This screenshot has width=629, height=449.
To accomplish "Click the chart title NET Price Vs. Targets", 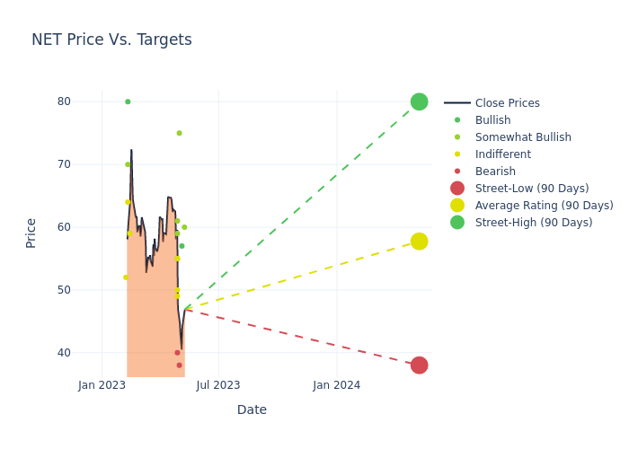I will click(x=111, y=40).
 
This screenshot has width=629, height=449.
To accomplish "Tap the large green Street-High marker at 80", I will click(x=419, y=101).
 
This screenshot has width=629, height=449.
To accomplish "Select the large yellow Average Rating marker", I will click(x=419, y=241).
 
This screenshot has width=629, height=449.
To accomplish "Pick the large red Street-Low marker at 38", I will click(x=419, y=365).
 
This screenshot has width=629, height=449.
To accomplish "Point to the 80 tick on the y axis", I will click(x=64, y=101).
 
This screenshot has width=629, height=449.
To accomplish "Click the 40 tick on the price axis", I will click(x=64, y=353).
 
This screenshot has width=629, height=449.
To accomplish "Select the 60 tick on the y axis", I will click(x=64, y=227).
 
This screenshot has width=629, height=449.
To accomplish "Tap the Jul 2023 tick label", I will click(x=218, y=385).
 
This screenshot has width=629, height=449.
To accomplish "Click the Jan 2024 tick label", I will click(x=336, y=385).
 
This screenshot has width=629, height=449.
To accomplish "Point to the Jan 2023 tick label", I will click(x=102, y=385).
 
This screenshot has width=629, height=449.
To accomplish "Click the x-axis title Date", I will click(x=252, y=409).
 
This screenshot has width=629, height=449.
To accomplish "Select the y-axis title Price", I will click(x=31, y=233).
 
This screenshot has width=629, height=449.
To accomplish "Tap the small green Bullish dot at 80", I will click(x=128, y=101).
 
